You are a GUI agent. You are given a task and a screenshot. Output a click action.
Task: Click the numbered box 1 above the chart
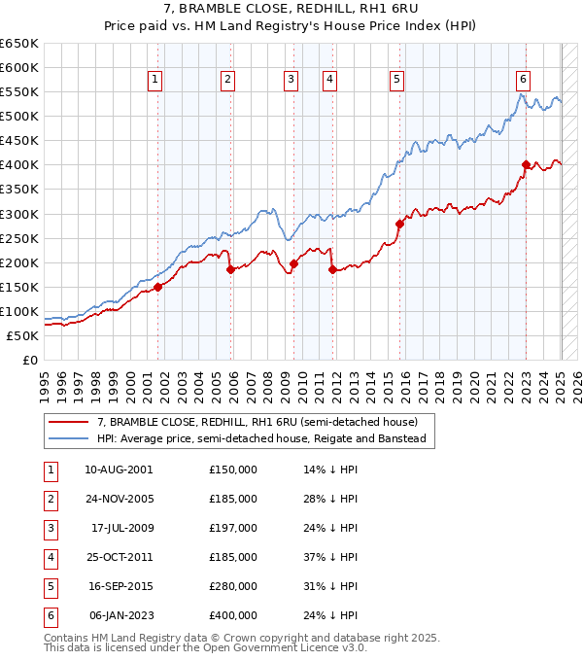click(x=155, y=80)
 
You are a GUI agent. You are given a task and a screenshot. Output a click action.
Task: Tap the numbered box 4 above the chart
click(x=330, y=80)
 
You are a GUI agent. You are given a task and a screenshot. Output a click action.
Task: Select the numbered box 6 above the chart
click(x=523, y=80)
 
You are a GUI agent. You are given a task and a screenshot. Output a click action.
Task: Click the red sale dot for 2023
click(x=526, y=164)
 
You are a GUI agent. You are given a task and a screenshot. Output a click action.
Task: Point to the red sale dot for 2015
click(x=399, y=224)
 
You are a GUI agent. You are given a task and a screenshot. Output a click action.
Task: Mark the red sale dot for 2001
click(x=157, y=287)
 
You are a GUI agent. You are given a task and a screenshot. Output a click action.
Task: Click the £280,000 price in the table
click(x=233, y=586)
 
